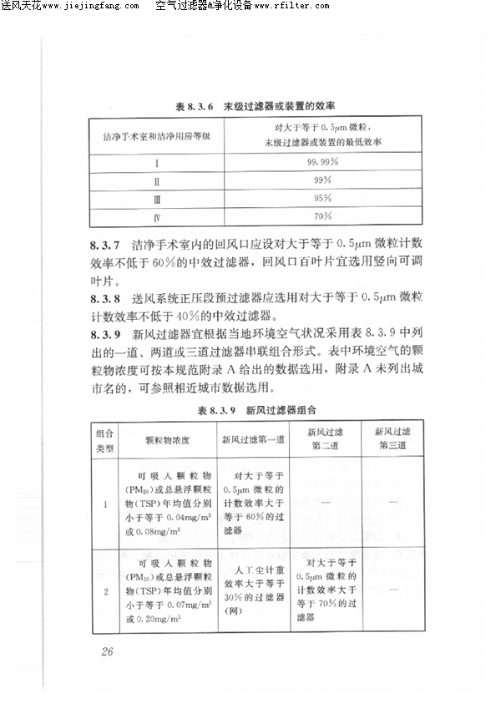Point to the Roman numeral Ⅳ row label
point(156,217)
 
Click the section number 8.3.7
point(106,245)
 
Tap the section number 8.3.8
point(106,297)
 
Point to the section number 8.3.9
point(106,333)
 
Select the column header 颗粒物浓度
point(168,439)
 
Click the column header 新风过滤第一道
point(254,439)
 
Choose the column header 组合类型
point(105,439)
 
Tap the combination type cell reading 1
point(105,504)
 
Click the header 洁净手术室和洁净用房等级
point(156,135)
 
